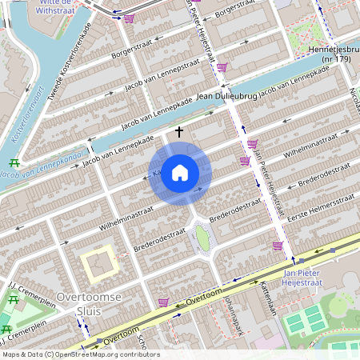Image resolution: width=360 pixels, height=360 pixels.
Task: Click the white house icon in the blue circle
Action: (x=180, y=173)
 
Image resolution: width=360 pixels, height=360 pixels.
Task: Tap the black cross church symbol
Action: (x=179, y=131)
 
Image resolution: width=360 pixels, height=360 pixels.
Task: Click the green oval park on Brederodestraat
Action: (x=202, y=238)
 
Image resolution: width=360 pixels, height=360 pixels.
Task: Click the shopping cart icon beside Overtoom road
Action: (x=164, y=302)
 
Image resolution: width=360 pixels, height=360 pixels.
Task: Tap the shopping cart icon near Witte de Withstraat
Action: (x=129, y=18)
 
